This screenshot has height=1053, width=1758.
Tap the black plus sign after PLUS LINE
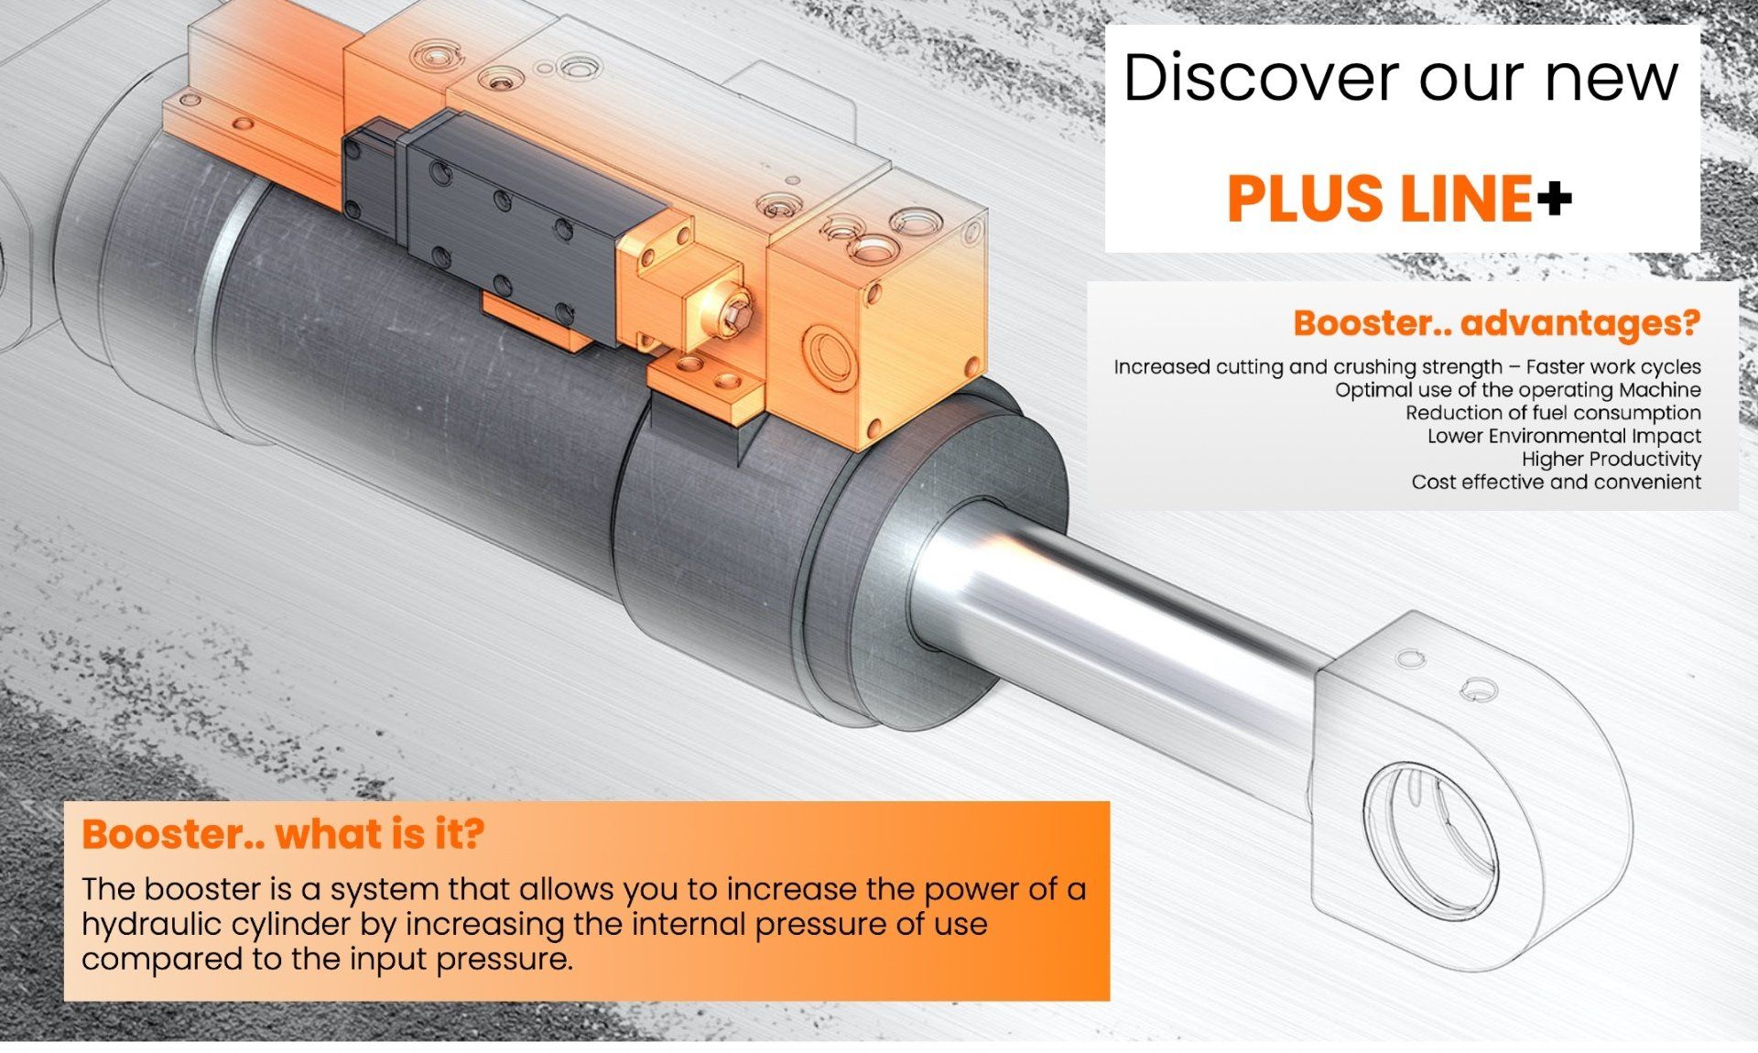click(1555, 198)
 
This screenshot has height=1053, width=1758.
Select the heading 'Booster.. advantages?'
click(1496, 323)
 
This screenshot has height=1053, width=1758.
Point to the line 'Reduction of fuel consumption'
click(1553, 413)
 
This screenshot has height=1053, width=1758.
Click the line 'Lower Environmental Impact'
click(1564, 436)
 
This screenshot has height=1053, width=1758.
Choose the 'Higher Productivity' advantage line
click(1611, 459)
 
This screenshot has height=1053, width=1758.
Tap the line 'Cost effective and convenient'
click(1556, 482)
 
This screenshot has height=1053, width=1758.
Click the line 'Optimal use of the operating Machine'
click(1517, 390)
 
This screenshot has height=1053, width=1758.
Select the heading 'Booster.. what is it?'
click(283, 834)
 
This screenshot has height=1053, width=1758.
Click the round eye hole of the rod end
click(1428, 838)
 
